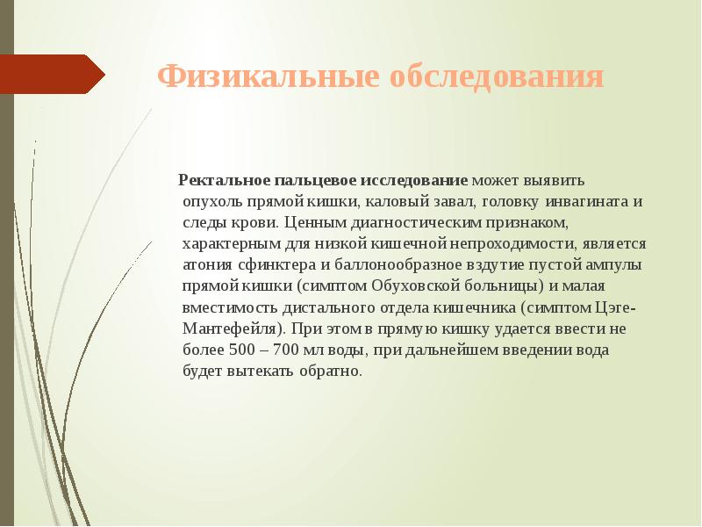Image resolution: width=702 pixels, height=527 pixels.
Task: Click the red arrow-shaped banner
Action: pos(53,75)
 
